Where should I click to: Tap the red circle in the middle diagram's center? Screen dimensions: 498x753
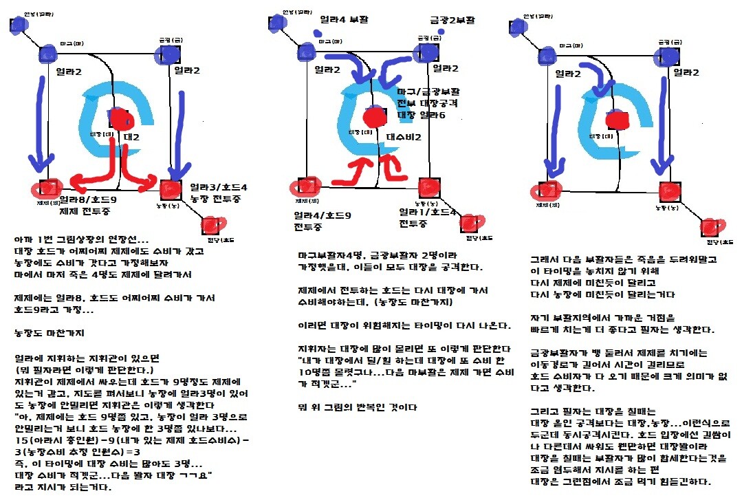(375, 116)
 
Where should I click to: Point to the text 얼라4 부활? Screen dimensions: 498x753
(344, 20)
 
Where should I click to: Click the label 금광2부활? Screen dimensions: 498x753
(452, 21)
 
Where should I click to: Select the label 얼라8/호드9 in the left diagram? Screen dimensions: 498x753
(88, 199)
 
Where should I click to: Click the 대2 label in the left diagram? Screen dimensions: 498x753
(132, 137)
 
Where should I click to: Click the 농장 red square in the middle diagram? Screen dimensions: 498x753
(428, 186)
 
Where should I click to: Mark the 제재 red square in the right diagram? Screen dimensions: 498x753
(548, 189)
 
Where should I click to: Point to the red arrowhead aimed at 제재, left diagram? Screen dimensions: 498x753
(63, 184)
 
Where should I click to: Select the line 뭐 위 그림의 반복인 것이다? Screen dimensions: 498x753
(358, 407)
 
